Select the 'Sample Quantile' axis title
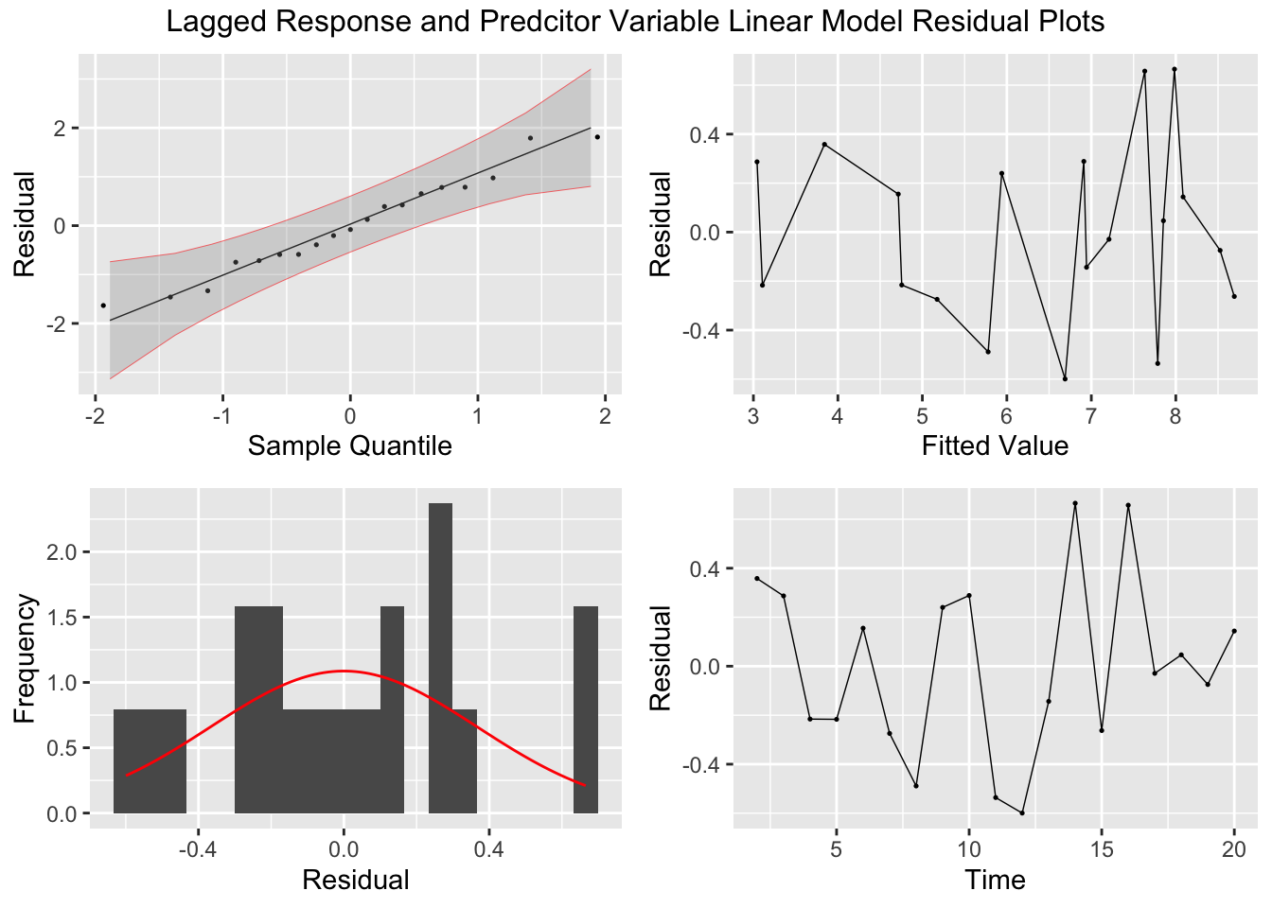(349, 445)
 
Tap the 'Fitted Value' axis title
(995, 445)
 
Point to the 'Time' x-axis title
(995, 881)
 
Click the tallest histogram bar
(440, 657)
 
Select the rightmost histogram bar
(586, 709)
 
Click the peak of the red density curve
(343, 671)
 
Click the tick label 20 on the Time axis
(1234, 849)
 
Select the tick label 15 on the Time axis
(1102, 849)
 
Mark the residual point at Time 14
(1075, 503)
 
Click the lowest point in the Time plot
(1022, 812)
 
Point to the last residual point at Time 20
(1234, 631)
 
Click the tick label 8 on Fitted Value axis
(1175, 416)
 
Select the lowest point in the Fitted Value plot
(1065, 378)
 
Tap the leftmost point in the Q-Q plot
(103, 306)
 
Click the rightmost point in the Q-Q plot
(597, 137)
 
